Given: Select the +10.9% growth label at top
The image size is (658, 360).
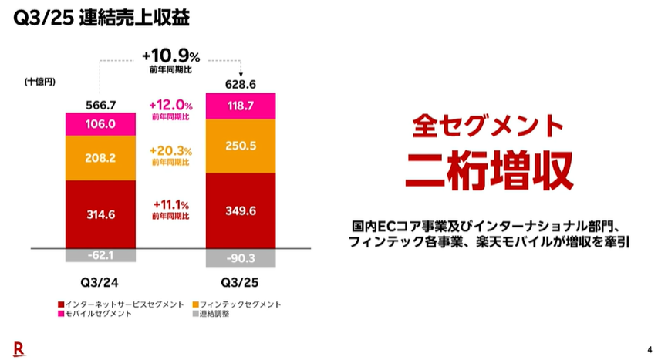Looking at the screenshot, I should pos(171,56).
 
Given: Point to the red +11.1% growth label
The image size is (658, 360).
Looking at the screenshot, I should pos(171,204).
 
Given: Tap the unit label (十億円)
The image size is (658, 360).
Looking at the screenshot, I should pos(39,82).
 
